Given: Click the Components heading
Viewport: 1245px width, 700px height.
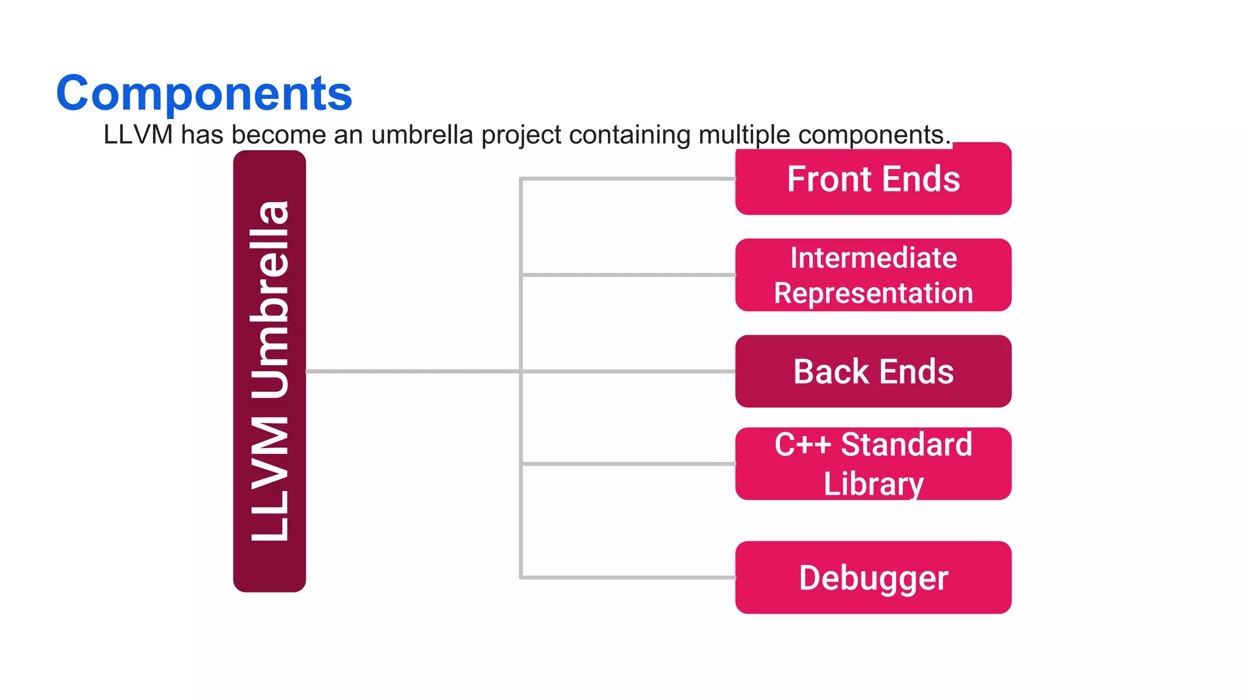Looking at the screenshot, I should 204,93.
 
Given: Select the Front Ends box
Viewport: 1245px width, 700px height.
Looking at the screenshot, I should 873,179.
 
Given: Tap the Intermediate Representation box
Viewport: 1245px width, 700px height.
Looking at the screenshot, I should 873,275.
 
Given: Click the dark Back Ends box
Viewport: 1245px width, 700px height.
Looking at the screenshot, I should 873,371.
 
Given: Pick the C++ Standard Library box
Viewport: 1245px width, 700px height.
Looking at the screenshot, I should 873,464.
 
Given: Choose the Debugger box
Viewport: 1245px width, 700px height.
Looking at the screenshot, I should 873,577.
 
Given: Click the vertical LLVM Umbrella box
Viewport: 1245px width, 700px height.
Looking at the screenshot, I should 269,371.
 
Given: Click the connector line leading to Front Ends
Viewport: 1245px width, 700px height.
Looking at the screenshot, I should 626,179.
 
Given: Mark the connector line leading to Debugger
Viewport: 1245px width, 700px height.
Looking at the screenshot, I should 626,577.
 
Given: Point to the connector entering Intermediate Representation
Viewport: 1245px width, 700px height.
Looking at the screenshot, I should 626,275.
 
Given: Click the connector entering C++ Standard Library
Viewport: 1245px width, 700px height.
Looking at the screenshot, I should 626,464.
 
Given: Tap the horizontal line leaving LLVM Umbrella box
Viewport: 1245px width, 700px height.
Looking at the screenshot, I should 413,371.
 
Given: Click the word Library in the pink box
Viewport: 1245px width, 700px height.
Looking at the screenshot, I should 873,484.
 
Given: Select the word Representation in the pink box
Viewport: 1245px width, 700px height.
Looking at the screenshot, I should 873,293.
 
